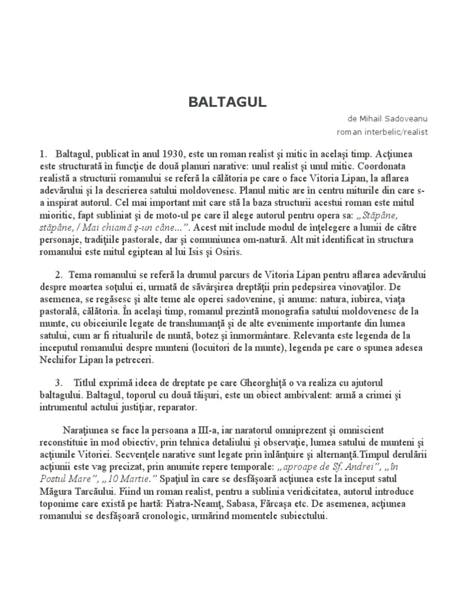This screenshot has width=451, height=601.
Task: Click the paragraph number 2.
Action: (x=59, y=275)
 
